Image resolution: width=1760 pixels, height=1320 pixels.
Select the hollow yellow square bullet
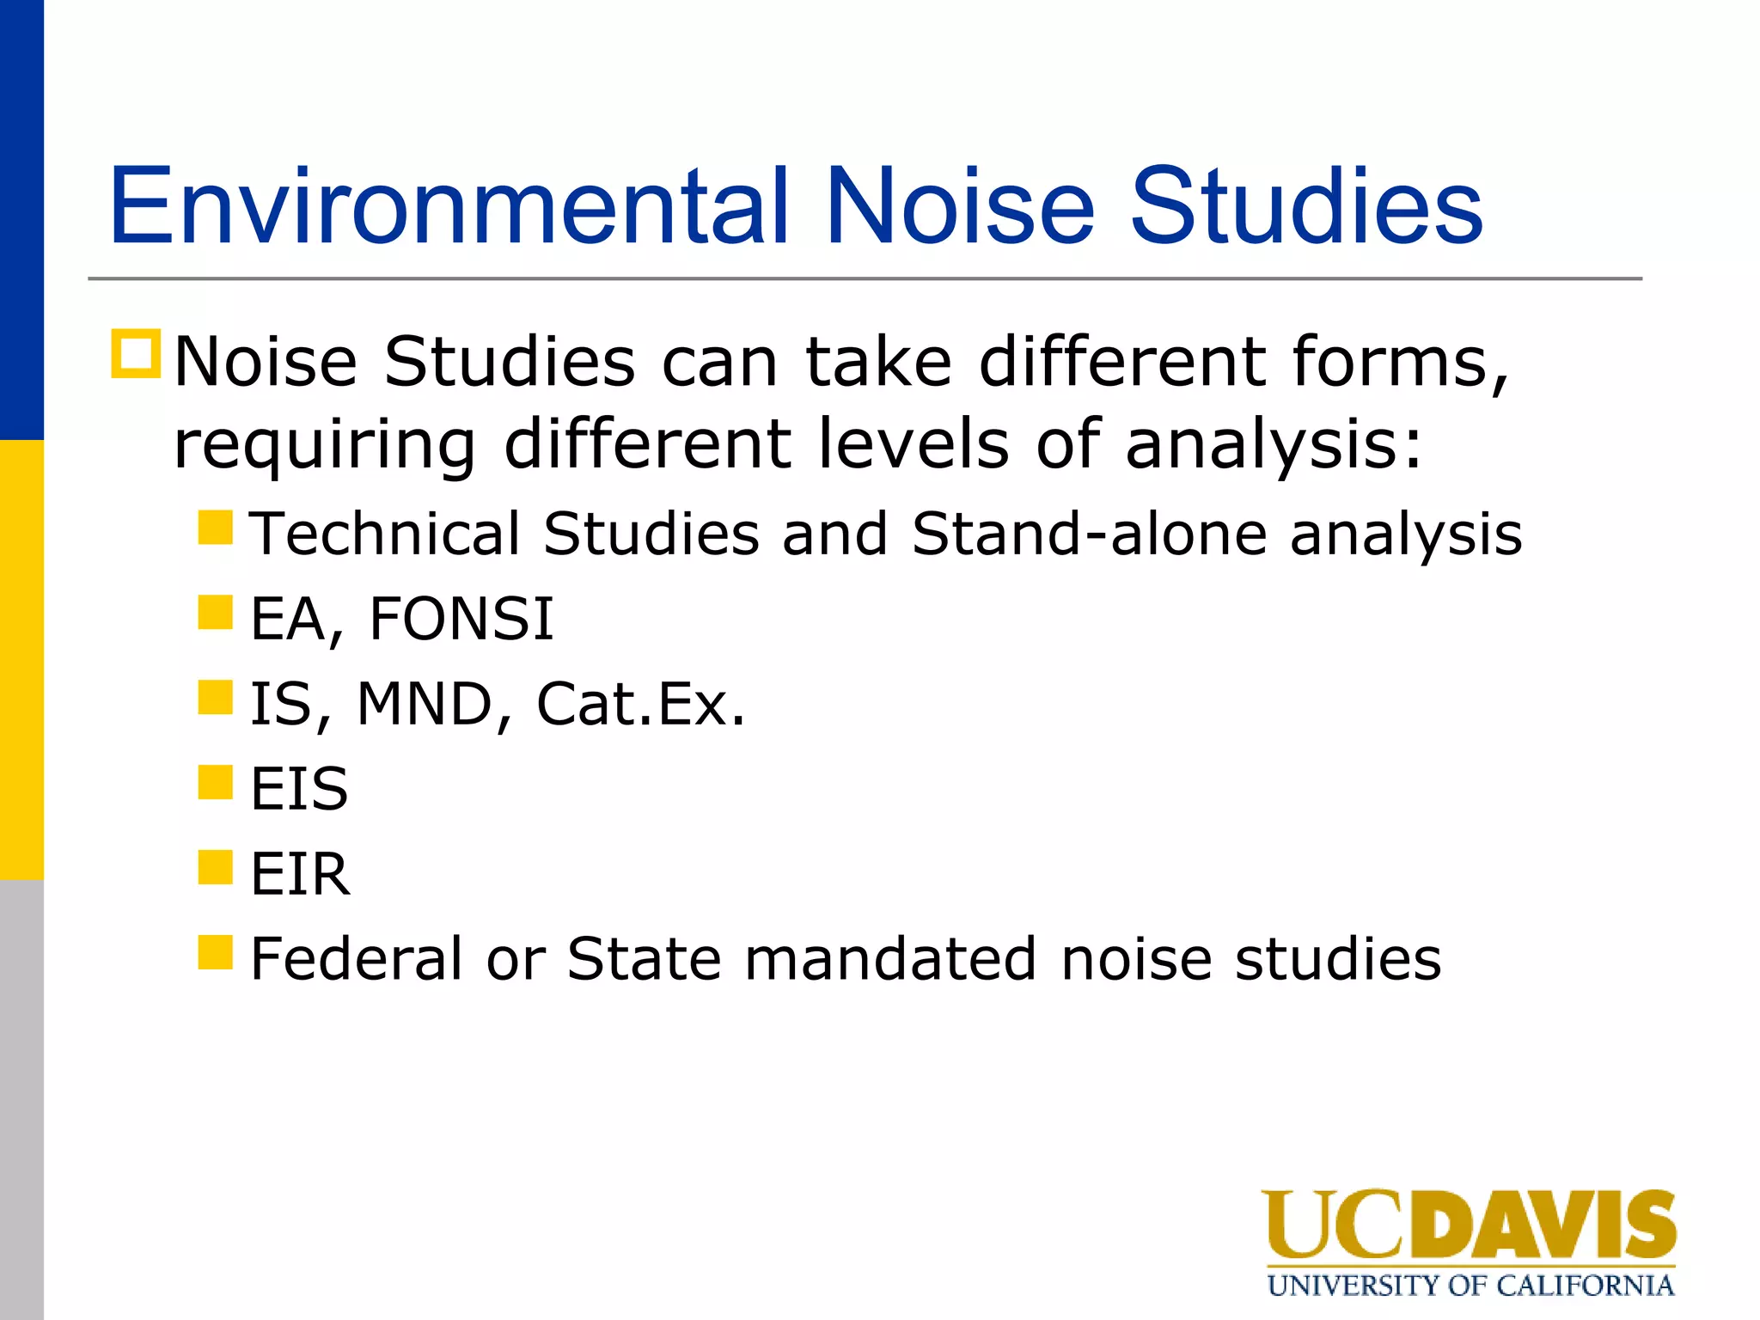(x=136, y=354)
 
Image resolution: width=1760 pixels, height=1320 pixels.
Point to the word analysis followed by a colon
(x=1273, y=445)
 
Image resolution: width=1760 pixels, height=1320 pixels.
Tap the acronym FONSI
(x=461, y=619)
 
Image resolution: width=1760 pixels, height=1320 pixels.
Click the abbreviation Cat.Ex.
(x=640, y=704)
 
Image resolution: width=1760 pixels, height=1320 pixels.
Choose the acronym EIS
(x=299, y=789)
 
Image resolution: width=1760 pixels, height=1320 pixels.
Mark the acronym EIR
(x=300, y=874)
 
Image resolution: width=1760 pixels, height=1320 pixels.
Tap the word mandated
(x=890, y=959)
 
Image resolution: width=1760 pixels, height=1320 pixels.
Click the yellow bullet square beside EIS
(x=215, y=783)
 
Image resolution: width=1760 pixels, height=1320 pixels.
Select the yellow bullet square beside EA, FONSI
(x=215, y=613)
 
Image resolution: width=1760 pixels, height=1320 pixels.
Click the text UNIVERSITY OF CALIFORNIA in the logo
(x=1470, y=1286)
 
